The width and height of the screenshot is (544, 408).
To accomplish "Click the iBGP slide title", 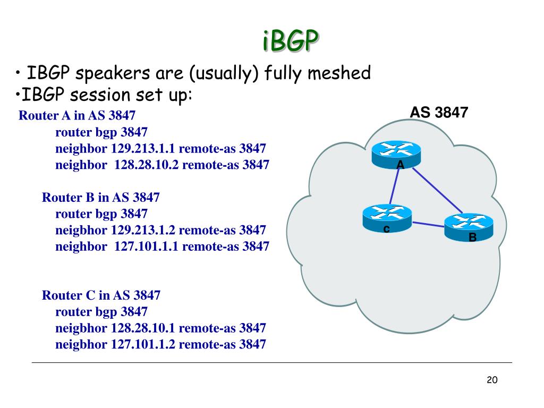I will point(291,41).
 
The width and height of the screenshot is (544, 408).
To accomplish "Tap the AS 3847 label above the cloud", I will point(438,113).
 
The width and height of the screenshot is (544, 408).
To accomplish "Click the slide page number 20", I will point(491,380).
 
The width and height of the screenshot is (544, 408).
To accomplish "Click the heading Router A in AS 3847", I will point(77,115).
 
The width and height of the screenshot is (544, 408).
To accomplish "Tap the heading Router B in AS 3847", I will point(101,198).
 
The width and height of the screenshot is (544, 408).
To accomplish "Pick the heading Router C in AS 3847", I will point(101,295).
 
